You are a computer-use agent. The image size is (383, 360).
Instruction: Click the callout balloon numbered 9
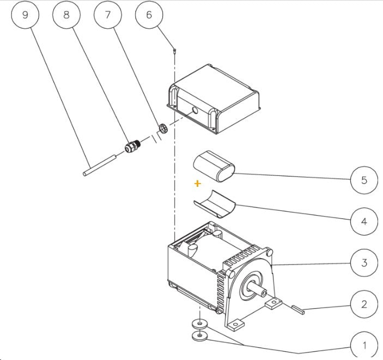point(25,15)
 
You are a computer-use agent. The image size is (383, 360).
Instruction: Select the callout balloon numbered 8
point(66,15)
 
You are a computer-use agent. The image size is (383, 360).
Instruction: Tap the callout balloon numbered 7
point(108,15)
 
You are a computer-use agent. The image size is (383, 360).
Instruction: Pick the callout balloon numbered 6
point(149,15)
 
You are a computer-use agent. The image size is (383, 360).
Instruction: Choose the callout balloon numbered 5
point(364,180)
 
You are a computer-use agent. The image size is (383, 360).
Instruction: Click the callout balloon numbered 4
point(364,222)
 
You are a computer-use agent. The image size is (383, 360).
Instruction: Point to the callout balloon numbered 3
point(364,263)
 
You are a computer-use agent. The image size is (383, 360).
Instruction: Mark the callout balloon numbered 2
point(364,304)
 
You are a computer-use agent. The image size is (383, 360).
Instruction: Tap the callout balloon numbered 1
point(364,345)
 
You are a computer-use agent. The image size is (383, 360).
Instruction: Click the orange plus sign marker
point(198,184)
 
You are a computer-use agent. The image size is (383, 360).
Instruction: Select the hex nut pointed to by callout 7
point(163,129)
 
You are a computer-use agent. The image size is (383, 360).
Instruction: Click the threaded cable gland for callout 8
point(132,146)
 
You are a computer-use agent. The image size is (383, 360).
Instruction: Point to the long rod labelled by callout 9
point(100,165)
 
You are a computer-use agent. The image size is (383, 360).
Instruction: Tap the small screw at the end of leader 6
point(174,51)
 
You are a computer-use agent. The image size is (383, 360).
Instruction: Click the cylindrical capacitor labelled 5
point(214,166)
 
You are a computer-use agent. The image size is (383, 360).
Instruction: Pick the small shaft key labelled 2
point(298,309)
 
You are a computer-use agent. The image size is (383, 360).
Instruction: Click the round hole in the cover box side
point(195,111)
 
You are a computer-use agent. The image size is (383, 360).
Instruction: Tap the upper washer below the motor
point(200,324)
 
